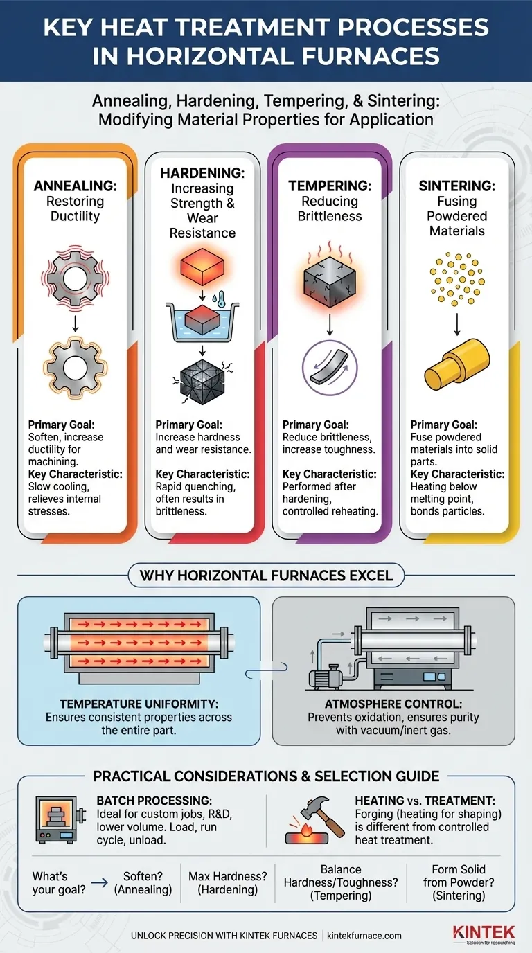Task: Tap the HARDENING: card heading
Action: tap(202, 172)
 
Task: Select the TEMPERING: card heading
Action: tap(329, 186)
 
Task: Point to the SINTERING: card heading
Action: tap(456, 186)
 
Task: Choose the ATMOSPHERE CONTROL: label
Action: tap(393, 704)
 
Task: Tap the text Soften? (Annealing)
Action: tap(143, 883)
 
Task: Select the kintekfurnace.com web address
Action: tap(360, 936)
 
